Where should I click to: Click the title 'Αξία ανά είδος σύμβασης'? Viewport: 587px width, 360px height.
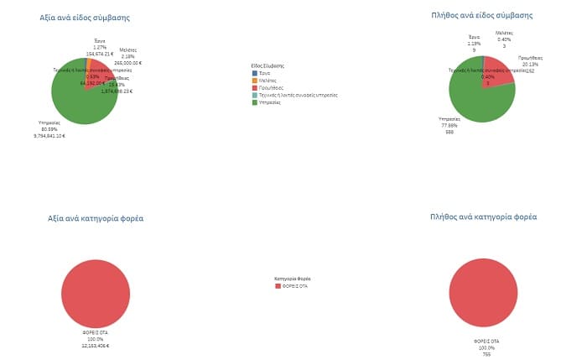coord(85,18)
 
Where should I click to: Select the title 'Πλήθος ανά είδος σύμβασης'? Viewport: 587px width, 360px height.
coord(481,15)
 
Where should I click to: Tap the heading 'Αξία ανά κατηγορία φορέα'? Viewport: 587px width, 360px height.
coord(96,218)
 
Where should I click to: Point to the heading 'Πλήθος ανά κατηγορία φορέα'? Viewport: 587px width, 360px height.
coord(482,217)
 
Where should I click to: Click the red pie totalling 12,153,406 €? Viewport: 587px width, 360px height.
coord(96,294)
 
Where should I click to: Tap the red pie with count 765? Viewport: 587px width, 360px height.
coord(483,293)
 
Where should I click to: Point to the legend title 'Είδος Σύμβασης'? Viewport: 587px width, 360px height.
coord(268,65)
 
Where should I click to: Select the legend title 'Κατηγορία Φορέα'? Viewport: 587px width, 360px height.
coord(293,278)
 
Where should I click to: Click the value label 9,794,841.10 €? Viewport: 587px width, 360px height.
coord(49,135)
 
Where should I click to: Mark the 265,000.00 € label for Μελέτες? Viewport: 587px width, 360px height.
coord(128,62)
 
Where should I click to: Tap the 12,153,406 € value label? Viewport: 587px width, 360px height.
coord(96,346)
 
